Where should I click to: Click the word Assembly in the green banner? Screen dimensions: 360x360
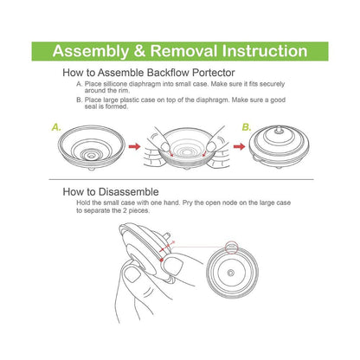coord(90,52)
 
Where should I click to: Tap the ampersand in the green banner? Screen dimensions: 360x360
coord(139,51)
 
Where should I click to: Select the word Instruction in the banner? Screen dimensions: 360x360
coord(265,51)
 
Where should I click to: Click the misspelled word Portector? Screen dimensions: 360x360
coord(214,73)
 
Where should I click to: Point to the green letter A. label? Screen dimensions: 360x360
coord(56,127)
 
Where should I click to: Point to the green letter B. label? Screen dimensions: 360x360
coord(247,127)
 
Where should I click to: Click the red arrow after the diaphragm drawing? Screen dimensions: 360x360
coord(134,146)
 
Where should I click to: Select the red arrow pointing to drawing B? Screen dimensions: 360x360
coord(239,146)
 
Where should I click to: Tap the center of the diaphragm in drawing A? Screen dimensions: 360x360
coord(92,156)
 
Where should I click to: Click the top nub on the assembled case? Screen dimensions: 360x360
coord(279,129)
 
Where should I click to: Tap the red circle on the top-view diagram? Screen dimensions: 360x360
coord(231,247)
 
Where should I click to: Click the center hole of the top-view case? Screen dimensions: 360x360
coord(230,273)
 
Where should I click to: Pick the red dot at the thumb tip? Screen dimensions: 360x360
coord(162,260)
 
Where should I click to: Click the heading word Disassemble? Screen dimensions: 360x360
coord(129,192)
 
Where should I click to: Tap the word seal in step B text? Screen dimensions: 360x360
coord(91,106)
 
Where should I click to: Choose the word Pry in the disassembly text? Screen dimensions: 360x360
coord(187,203)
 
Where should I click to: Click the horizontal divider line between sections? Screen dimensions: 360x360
coord(181,179)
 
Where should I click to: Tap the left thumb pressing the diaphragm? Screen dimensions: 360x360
coord(165,145)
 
